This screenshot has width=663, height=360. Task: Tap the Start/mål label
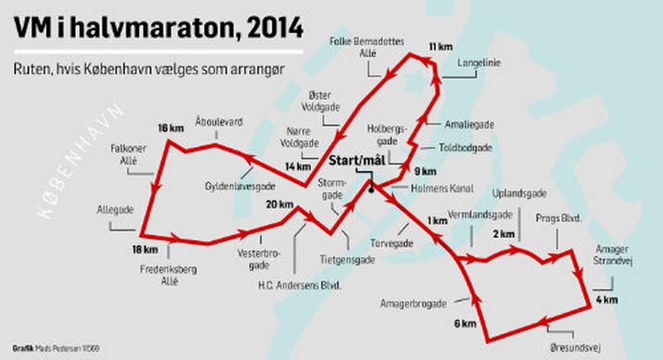tap(357, 162)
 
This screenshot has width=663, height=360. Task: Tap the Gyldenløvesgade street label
tap(241, 187)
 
